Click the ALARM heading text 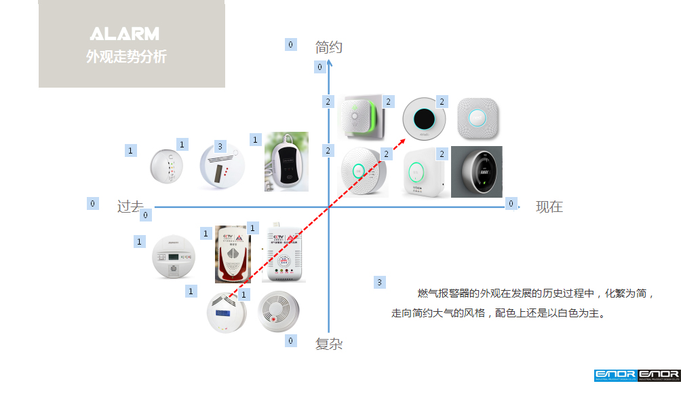tap(125, 34)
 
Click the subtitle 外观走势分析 tap(126, 57)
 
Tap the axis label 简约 tap(329, 48)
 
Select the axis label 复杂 tap(329, 344)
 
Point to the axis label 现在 tap(549, 207)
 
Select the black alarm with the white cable tap(286, 162)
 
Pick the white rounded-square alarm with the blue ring tap(478, 117)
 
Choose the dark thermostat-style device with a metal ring tap(477, 171)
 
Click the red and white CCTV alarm tap(233, 254)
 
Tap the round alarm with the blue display tap(227, 313)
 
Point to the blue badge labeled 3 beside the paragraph tap(379, 282)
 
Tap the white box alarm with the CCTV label tap(284, 252)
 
